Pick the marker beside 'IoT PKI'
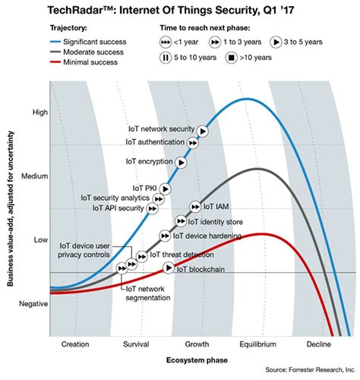click(x=166, y=188)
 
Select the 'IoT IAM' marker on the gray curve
click(x=194, y=206)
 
